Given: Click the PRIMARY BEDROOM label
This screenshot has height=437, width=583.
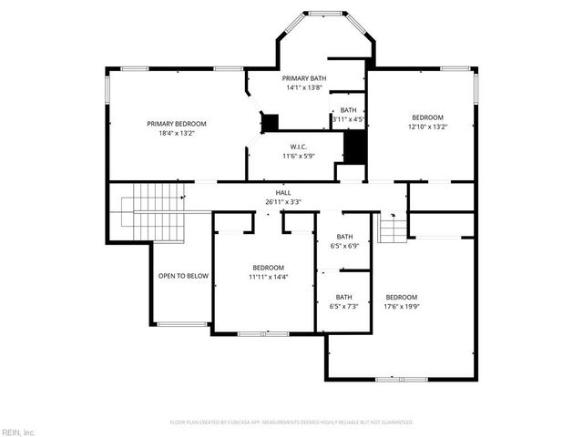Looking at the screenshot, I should point(177,124).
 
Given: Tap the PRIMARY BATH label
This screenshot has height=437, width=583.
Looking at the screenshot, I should point(304,79).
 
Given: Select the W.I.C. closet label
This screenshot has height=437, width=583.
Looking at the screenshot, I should point(298,147).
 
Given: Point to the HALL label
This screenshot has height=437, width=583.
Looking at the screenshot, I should point(283,193).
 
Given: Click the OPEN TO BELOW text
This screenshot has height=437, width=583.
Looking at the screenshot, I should point(183,276).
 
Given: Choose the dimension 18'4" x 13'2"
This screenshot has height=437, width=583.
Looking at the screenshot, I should point(177,134).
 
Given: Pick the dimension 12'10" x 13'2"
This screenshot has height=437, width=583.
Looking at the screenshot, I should point(427,127).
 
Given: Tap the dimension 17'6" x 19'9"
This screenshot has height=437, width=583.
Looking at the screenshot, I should point(401,307).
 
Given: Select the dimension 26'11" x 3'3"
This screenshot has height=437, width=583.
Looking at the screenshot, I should point(283,202).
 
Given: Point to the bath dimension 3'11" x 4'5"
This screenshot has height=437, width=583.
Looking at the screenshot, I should point(348,119).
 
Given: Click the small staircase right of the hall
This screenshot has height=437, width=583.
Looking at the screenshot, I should point(393,229).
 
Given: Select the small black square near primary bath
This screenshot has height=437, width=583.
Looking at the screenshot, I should point(270,122).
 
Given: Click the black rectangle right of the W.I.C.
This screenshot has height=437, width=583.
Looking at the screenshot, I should point(354,147).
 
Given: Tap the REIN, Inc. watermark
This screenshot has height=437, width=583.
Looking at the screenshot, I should point(18,431).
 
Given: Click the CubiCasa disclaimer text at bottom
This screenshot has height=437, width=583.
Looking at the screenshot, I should point(291,422).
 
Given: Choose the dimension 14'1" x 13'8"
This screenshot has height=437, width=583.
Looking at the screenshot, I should point(304,88).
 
